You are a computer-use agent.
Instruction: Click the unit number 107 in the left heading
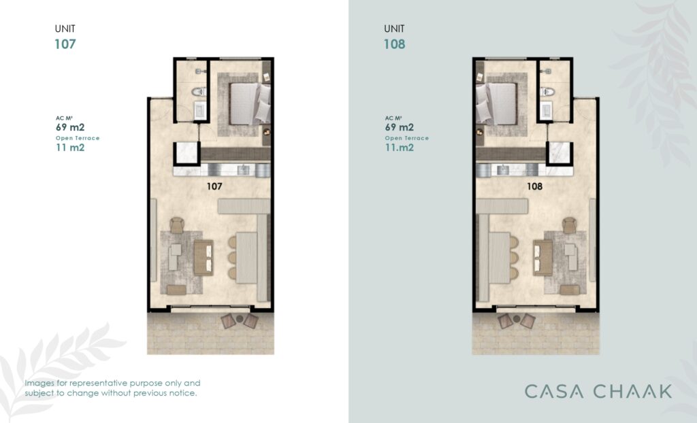tap(65, 44)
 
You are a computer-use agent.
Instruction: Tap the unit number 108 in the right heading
tap(394, 44)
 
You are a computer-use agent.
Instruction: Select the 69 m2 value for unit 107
tap(70, 127)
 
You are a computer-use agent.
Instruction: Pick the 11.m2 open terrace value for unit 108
tap(399, 148)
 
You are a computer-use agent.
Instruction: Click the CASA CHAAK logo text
tap(598, 392)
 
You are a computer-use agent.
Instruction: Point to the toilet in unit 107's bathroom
tap(199, 92)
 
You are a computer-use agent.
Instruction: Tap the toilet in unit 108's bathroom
tap(547, 92)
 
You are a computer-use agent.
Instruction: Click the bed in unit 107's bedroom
tap(249, 103)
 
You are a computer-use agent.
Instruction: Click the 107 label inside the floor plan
tap(214, 186)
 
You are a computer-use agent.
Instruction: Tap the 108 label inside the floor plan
tap(534, 186)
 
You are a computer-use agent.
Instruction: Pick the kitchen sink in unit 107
tap(243, 170)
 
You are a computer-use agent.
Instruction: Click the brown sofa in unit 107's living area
tap(203, 258)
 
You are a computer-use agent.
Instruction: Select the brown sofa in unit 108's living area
tap(542, 258)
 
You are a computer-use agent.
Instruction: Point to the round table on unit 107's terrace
tap(240, 318)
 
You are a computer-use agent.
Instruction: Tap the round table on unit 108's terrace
tap(517, 318)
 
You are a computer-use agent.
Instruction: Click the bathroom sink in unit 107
tap(199, 110)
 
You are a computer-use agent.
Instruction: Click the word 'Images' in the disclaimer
tap(39, 384)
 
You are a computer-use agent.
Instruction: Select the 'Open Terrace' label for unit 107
tap(78, 138)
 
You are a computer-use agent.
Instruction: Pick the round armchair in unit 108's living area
tap(569, 225)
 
